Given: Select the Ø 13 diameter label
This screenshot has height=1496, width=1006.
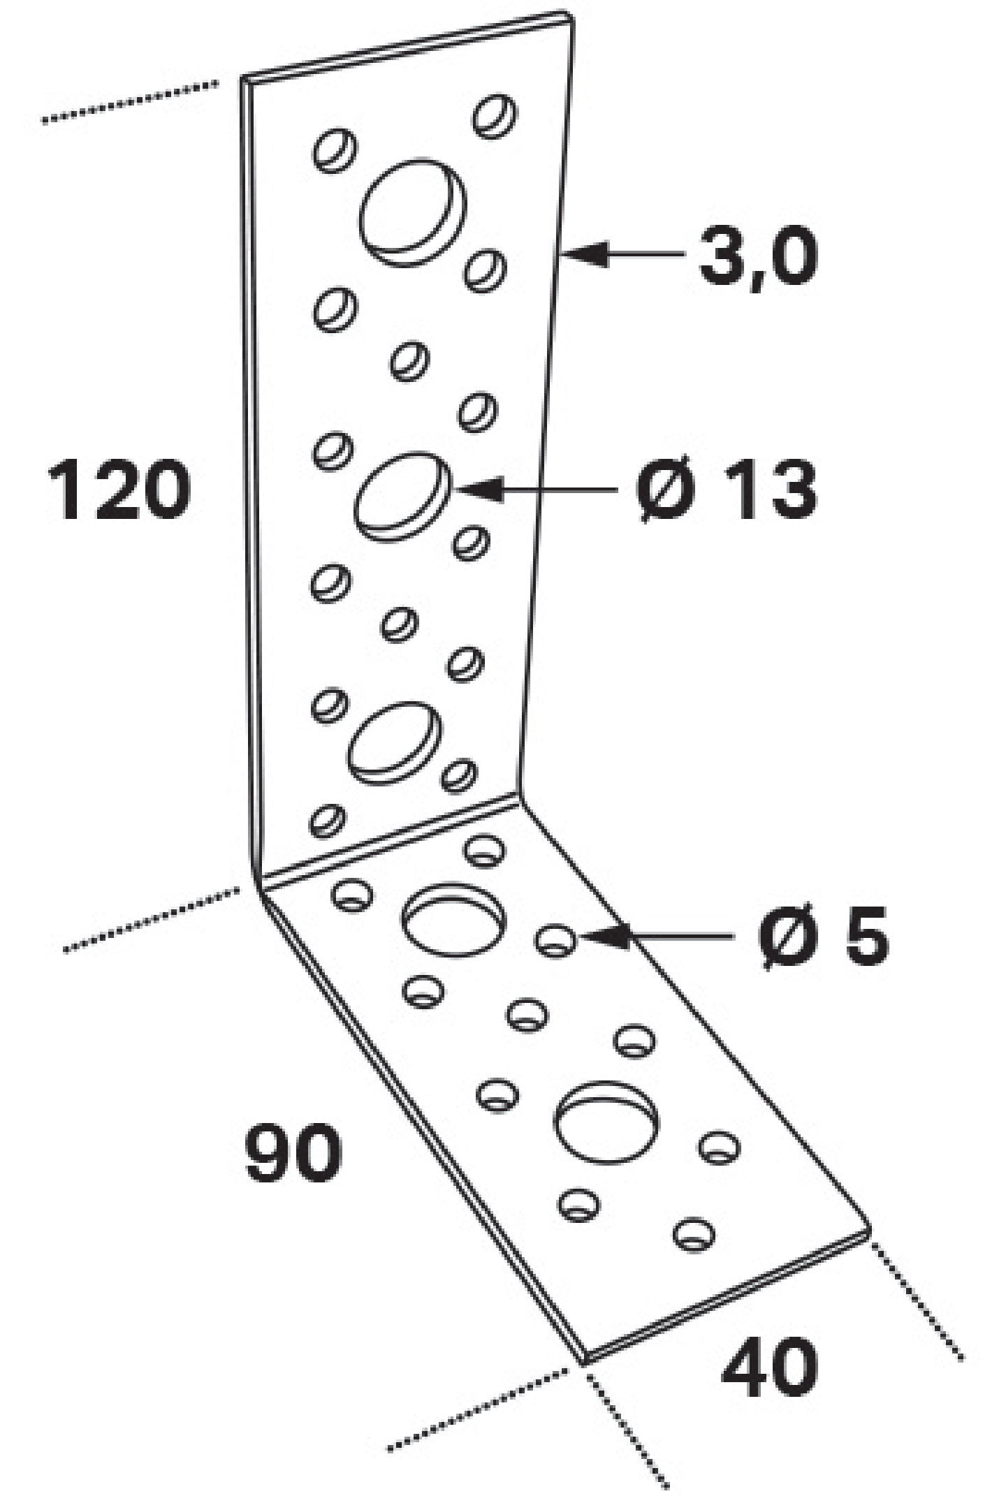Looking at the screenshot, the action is pos(727,490).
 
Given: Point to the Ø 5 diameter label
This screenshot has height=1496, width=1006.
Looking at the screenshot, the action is pos(824,935).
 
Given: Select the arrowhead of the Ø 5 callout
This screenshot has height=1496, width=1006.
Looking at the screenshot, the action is pos(604,936).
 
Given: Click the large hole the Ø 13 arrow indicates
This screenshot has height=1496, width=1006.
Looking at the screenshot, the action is pos(402,497).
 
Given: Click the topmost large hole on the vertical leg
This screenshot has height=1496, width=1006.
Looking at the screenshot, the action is pos(412,212).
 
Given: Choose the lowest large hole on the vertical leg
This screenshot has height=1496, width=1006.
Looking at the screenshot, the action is pos(395,742).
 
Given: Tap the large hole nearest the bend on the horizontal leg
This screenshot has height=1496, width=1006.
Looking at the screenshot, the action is pos(453,918).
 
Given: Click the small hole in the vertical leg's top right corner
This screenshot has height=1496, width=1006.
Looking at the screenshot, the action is pos(495,115).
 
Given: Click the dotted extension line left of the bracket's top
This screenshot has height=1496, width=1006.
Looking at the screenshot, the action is pos(130,103).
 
